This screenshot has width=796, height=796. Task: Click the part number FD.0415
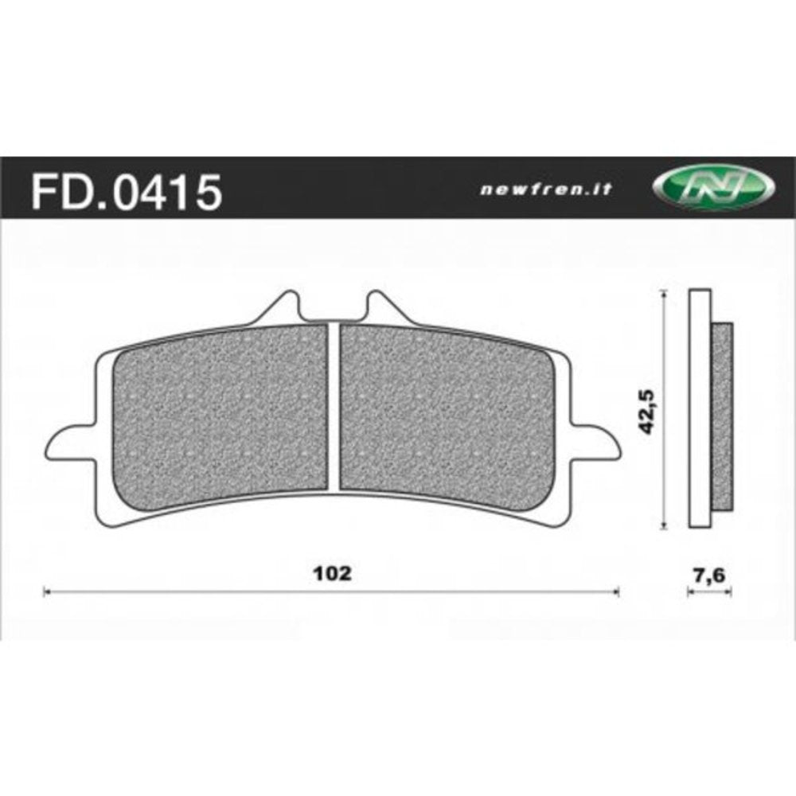[x=125, y=192]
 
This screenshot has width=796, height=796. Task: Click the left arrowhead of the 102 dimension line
[x=45, y=591]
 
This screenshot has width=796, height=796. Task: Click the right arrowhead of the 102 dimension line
[x=615, y=591]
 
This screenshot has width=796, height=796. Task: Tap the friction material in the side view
[x=722, y=414]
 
